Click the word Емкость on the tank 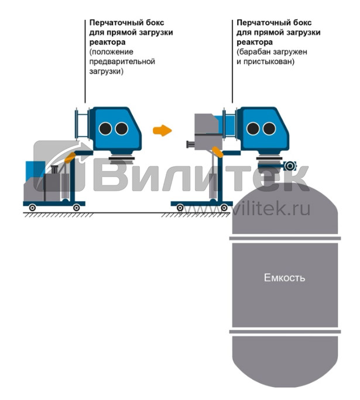point(284,277)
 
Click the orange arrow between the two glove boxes point(162,130)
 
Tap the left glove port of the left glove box point(105,129)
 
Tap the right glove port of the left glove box point(121,129)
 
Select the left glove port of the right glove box point(253,129)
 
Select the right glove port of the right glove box point(269,129)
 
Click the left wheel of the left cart point(33,208)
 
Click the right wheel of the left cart point(76,208)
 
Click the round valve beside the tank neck point(289,166)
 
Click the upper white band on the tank point(284,239)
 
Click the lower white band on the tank point(284,332)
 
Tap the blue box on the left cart point(29,169)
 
